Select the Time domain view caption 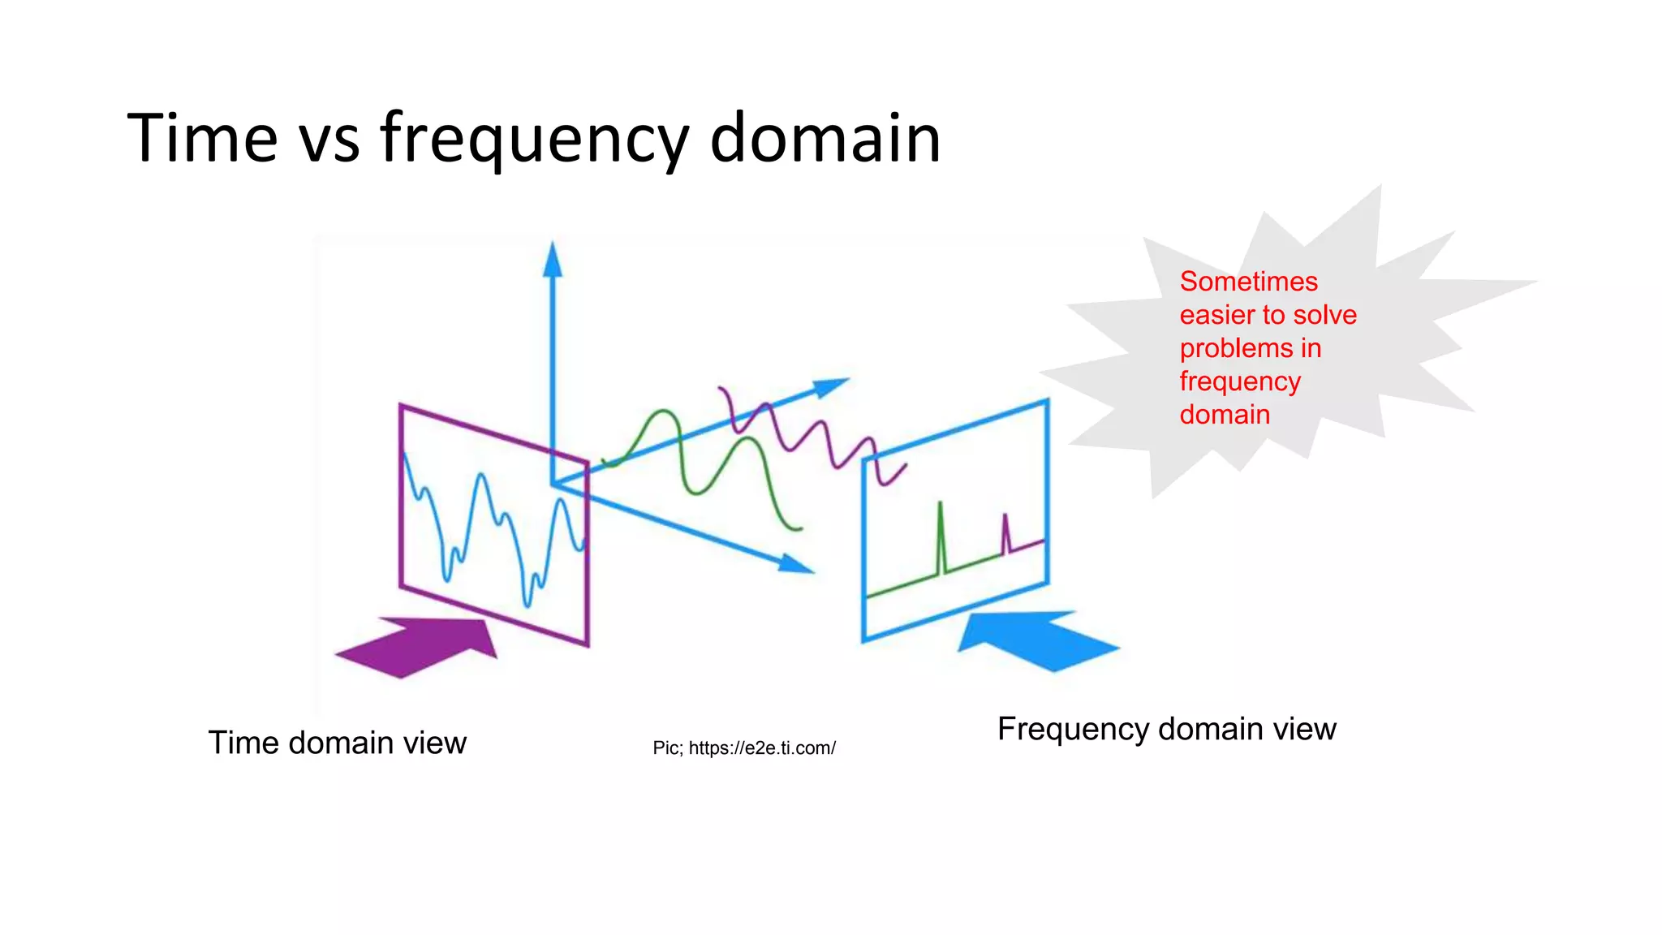pos(337,743)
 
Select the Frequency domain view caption pos(1166,729)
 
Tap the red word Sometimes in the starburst pos(1248,282)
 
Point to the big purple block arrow pos(422,646)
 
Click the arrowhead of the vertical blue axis pos(553,260)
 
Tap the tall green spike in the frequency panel pos(941,536)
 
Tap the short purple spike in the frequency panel pos(1005,532)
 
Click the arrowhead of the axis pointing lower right pos(795,564)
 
